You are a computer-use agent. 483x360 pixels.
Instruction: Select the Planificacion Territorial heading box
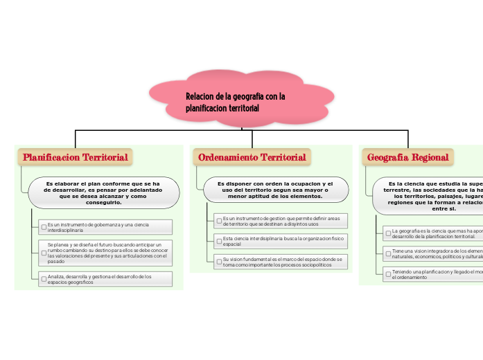click(x=76, y=157)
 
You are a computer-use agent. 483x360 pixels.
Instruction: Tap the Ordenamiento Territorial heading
click(x=252, y=158)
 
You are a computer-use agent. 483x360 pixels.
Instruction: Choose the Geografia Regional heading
click(x=408, y=158)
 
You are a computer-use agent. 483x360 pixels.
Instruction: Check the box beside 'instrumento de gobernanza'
click(x=44, y=226)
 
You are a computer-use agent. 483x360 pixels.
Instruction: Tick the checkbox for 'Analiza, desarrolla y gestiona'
click(x=44, y=278)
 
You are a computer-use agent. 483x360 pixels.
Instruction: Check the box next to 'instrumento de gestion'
click(x=219, y=221)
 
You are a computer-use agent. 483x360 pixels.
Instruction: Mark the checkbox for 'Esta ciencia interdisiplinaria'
click(x=219, y=241)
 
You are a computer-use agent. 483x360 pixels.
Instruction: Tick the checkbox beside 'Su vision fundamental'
click(x=219, y=262)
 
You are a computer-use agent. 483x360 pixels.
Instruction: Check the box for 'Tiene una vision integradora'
click(x=388, y=253)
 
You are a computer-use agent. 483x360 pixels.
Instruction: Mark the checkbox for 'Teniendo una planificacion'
click(x=388, y=273)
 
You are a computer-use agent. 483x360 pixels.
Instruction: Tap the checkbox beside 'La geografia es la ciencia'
click(x=388, y=233)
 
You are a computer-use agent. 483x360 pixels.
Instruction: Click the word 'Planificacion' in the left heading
click(x=51, y=157)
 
